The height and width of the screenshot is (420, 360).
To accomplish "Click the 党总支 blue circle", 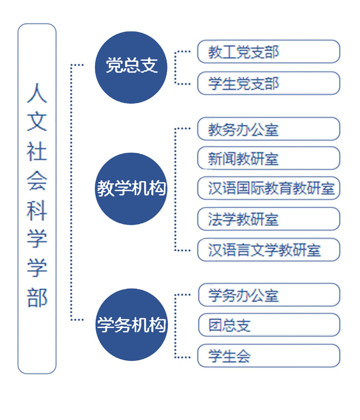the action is coord(131,67).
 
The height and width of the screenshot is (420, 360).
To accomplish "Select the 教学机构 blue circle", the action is coord(131,188).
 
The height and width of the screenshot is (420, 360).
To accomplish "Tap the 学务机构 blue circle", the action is coord(131,324).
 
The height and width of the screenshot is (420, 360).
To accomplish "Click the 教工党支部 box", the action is coord(269,51).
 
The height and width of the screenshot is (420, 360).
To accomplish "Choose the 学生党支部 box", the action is coord(269,83).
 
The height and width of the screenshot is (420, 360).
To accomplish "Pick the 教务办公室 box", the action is coord(269,129).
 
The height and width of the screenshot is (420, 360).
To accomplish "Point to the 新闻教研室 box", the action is coord(269,158).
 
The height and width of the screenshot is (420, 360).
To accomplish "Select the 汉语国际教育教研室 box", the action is coord(269,188).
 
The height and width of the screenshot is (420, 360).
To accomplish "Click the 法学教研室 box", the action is coord(269,219).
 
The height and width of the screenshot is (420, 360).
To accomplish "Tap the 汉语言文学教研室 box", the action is coord(269,250).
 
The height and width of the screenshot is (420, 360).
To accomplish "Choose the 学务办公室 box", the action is coord(269,294).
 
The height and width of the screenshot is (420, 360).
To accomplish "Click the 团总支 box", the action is coord(269,325).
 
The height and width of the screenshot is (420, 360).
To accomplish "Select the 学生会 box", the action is coord(269,356).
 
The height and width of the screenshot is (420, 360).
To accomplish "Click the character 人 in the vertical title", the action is coord(37,93).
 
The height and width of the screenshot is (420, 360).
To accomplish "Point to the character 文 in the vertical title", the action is coord(37,122).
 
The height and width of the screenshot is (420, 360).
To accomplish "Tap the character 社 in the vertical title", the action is coord(37,151).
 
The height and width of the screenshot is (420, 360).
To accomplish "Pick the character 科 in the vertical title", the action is coord(37,210).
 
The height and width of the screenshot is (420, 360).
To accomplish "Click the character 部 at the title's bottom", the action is coord(37,297).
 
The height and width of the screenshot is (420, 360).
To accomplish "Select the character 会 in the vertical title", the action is coord(37,181).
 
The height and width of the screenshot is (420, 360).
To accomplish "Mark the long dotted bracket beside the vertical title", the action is coord(71,192).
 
